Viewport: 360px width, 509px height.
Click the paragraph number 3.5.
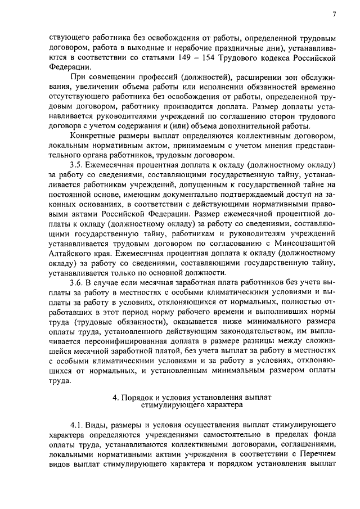77,165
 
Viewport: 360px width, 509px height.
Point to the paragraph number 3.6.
77,282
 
